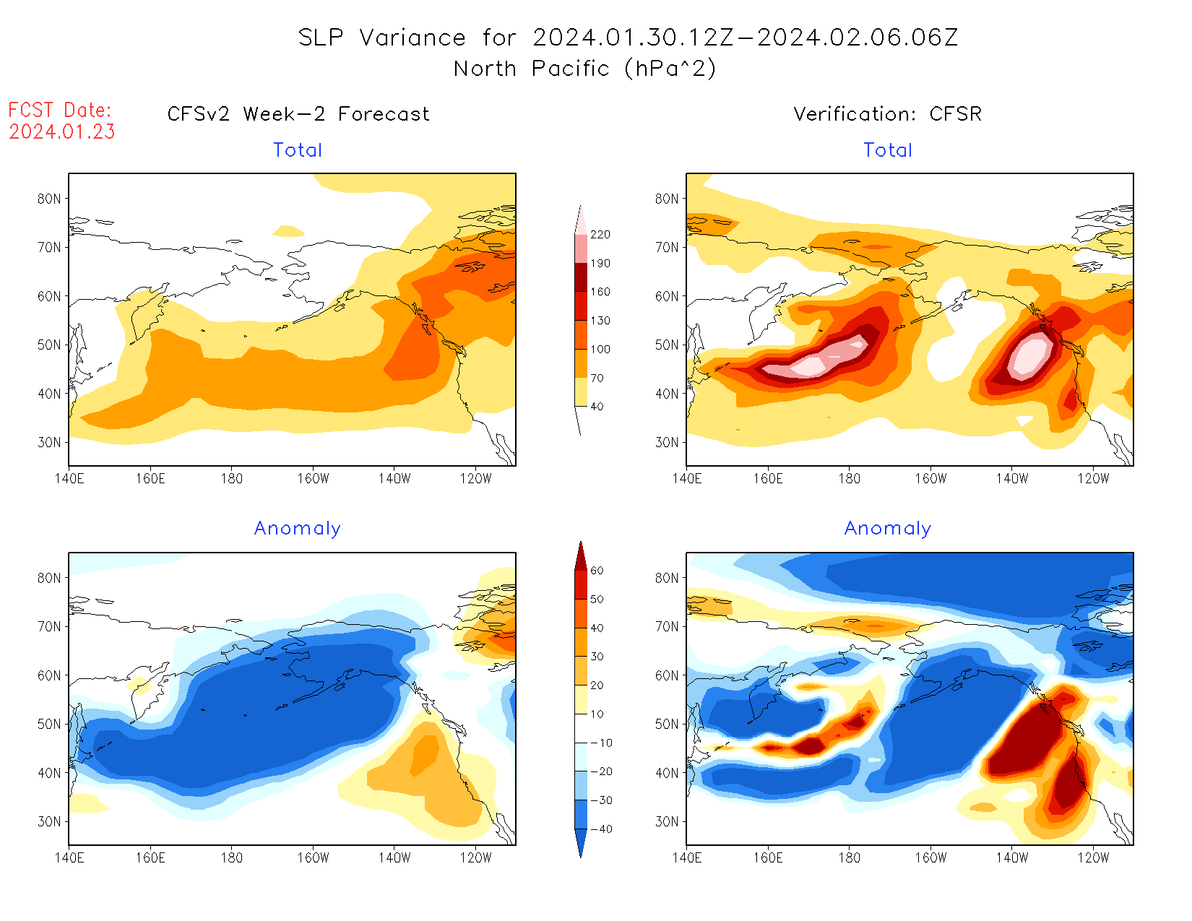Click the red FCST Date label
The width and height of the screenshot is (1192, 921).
[x=60, y=110]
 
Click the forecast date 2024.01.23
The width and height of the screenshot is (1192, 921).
[x=62, y=131]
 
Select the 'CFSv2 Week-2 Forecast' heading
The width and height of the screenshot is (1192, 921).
[x=298, y=114]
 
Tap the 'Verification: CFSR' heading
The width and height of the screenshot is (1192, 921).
[x=887, y=114]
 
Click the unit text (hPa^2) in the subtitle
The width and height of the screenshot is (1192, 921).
[x=670, y=69]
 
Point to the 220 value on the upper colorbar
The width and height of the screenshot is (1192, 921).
[x=600, y=235]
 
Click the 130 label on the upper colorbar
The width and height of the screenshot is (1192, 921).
[x=600, y=321]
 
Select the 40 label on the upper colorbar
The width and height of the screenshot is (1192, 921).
[x=597, y=407]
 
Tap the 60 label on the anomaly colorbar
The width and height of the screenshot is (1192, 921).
[x=597, y=571]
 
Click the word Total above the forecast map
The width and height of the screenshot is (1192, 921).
[x=298, y=150]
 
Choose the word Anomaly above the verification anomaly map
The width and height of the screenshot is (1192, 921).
[x=887, y=529]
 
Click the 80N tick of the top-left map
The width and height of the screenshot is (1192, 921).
[x=49, y=199]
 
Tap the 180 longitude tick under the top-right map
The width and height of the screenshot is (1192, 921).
[x=849, y=478]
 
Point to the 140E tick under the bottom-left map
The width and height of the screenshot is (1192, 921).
[x=69, y=857]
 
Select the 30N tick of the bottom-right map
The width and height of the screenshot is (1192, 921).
[x=667, y=821]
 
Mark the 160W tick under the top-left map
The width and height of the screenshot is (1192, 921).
[x=313, y=478]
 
